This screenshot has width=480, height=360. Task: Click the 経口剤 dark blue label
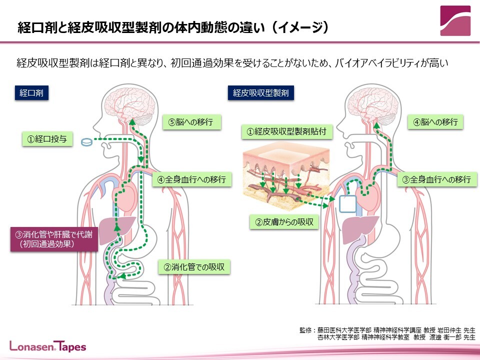tap(31, 93)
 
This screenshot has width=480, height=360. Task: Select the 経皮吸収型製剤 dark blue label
tap(261, 93)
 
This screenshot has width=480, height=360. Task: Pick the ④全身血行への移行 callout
tap(192, 179)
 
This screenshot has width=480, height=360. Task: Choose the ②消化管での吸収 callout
tap(194, 267)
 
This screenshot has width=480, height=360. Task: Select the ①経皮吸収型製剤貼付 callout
tap(287, 132)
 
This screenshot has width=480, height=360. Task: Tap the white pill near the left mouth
tap(86, 142)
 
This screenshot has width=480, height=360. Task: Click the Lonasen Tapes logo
tap(48, 346)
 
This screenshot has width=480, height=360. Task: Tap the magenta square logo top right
tap(455, 20)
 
